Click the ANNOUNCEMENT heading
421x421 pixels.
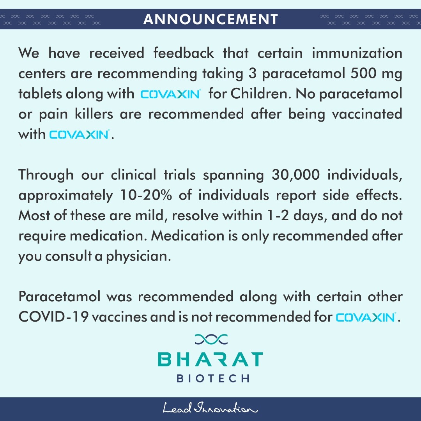210,19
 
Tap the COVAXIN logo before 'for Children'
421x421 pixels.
170,94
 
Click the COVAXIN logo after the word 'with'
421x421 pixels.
79,134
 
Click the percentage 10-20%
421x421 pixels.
142,195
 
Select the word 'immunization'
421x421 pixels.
357,53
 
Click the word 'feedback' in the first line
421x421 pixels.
183,53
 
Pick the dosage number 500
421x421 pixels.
364,74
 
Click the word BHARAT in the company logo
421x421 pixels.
210,359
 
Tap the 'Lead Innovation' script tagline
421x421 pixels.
210,409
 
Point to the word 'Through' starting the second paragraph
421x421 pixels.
46,175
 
